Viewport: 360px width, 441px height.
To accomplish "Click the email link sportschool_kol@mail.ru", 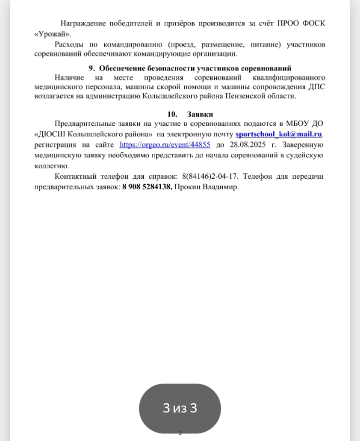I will (279, 135).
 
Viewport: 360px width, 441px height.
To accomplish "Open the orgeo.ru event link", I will (165, 145).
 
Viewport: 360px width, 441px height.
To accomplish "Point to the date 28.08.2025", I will (244, 145).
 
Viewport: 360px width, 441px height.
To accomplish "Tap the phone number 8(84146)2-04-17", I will (209, 178).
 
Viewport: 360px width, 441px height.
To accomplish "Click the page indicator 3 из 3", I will (179, 408).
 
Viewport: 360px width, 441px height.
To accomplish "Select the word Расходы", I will (70, 44).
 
